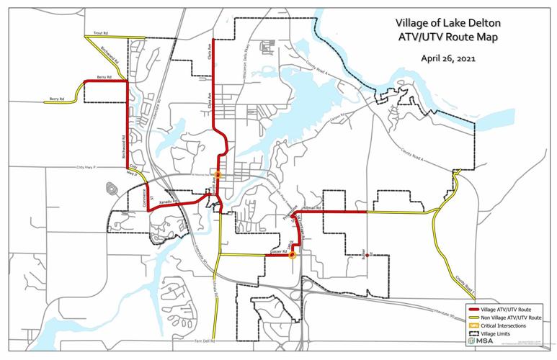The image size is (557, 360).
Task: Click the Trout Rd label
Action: coord(100,33)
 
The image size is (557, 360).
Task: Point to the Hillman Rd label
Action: coord(312,207)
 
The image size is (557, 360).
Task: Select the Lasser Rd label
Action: coord(278,252)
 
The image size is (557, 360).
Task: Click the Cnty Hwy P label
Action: coord(85,168)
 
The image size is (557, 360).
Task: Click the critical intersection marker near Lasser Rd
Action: coord(292,254)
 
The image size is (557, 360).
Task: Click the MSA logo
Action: coord(477,341)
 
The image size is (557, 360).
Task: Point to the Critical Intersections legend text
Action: coord(505,325)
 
